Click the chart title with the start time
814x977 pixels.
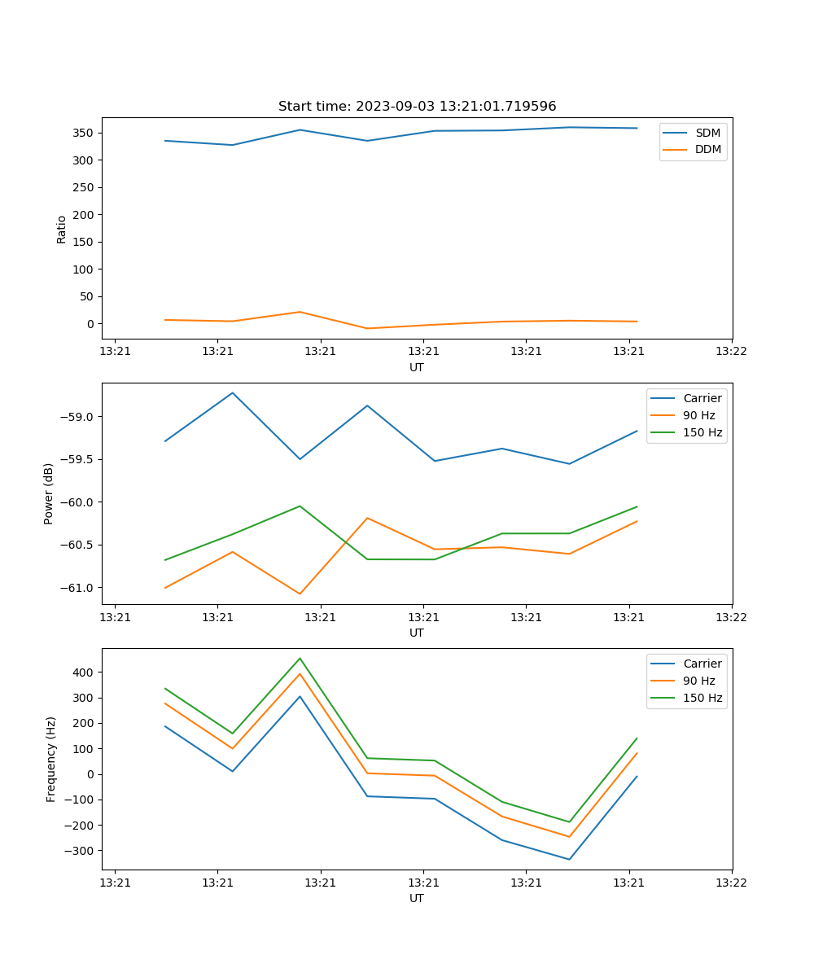point(417,107)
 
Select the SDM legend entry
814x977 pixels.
point(707,133)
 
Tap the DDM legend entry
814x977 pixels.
point(707,150)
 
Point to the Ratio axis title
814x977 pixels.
point(62,230)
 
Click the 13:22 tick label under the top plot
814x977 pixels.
point(730,352)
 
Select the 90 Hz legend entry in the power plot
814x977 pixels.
point(698,415)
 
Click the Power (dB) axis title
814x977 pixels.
point(49,493)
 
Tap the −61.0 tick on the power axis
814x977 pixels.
point(79,588)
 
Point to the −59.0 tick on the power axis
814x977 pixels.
point(79,417)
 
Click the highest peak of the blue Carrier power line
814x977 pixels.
point(233,392)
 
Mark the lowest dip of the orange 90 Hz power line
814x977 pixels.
point(300,594)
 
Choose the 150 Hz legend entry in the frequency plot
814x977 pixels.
point(702,698)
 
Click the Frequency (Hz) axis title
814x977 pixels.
point(50,759)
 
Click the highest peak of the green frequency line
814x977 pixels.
point(300,658)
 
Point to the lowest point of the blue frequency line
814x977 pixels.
point(569,860)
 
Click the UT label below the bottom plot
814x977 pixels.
point(417,898)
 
